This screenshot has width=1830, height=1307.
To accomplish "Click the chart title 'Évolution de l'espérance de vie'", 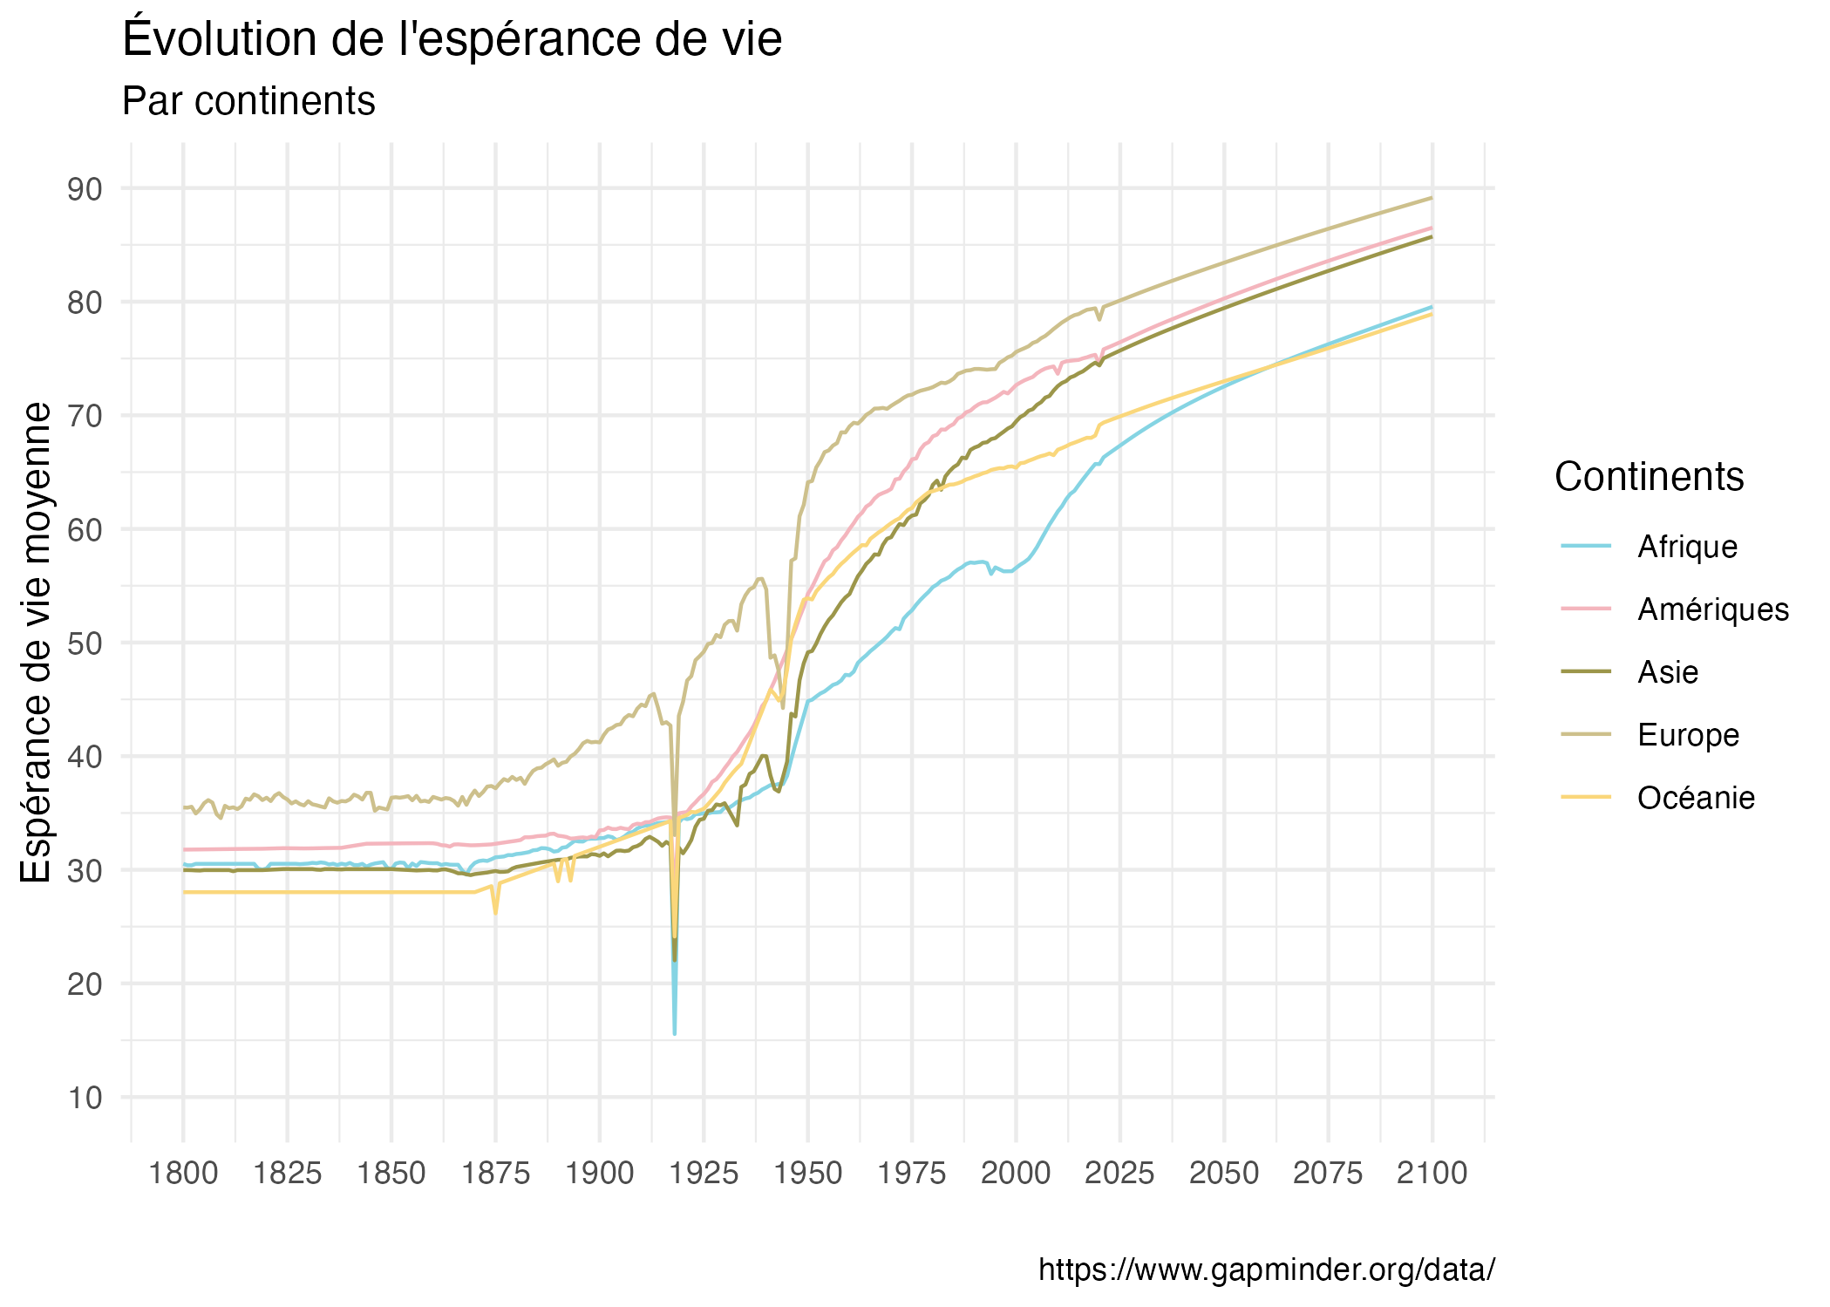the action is (x=452, y=39).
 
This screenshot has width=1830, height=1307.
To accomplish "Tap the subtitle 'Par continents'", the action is (x=248, y=101).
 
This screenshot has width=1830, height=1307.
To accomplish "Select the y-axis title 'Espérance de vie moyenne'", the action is (x=37, y=643).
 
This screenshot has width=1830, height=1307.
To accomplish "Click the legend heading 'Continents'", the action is (x=1649, y=477).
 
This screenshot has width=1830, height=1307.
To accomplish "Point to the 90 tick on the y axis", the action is (x=85, y=188).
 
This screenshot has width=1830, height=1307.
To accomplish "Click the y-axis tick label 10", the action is (x=85, y=1097).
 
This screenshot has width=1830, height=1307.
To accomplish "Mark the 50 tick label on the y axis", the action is (x=85, y=643).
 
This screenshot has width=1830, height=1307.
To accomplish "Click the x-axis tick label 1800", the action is (x=183, y=1174).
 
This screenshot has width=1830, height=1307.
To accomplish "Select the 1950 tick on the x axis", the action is (x=807, y=1174).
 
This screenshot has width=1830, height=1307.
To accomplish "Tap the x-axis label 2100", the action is (x=1432, y=1174).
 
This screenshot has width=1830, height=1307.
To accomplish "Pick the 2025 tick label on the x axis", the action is (x=1119, y=1174).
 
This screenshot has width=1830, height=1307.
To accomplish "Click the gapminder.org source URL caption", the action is (x=1267, y=1270).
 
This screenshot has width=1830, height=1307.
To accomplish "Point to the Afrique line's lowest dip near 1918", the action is (x=675, y=1033).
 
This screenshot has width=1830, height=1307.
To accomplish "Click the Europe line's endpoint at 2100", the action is (x=1432, y=198).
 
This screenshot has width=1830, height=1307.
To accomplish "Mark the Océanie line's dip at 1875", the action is (x=495, y=913).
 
